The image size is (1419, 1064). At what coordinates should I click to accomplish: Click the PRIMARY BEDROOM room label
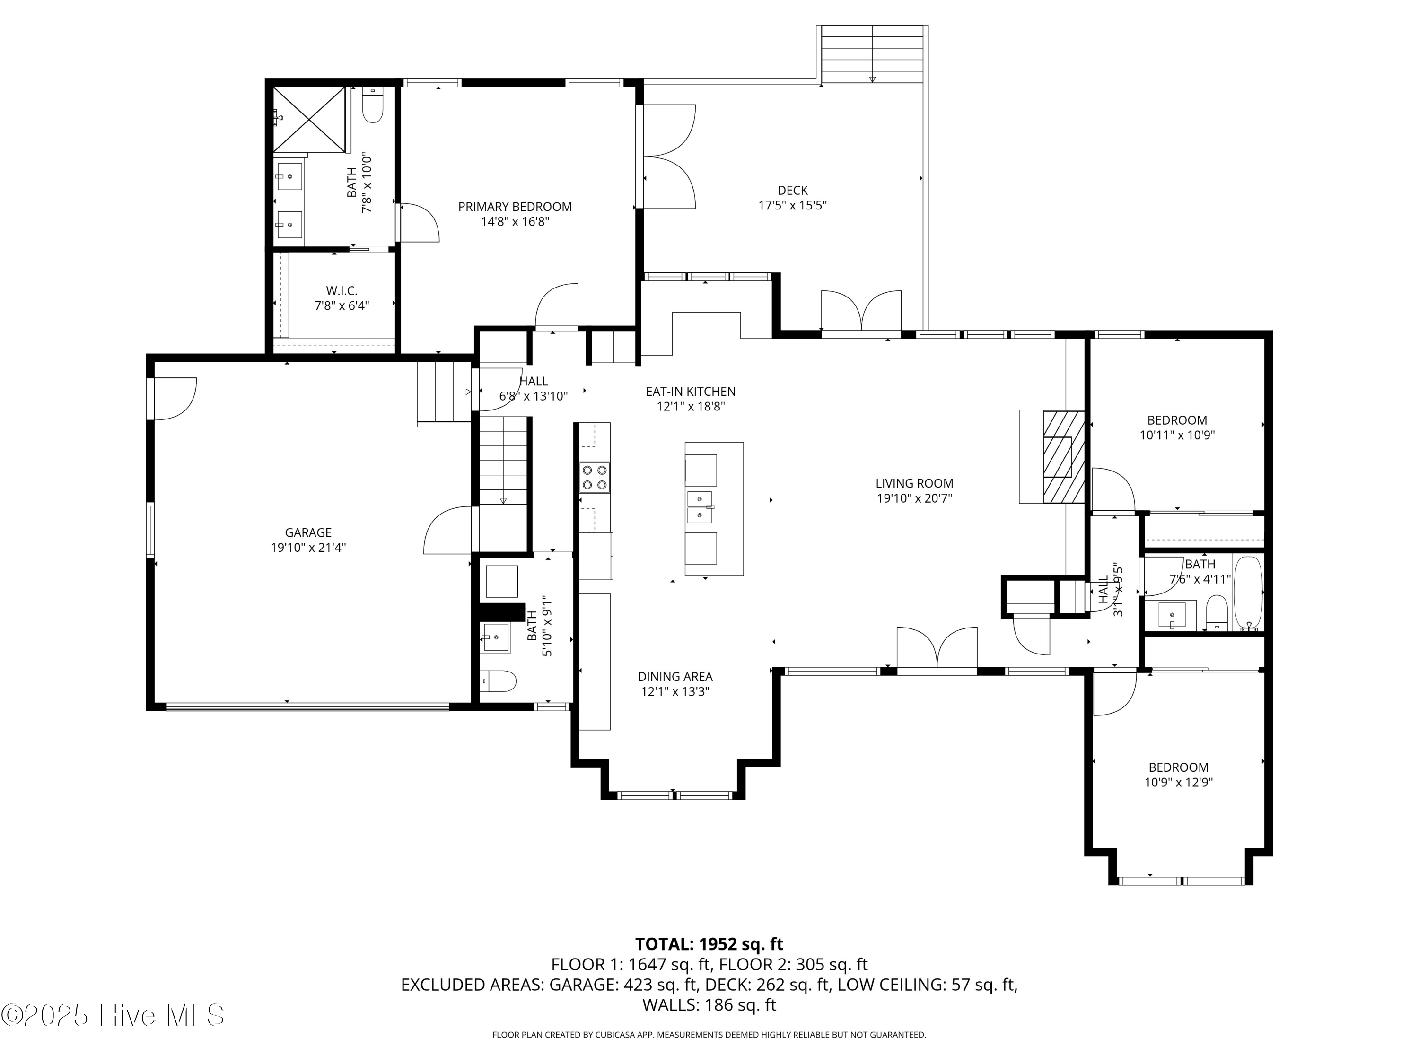[515, 207]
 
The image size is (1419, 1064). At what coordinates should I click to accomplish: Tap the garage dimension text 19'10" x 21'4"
[308, 548]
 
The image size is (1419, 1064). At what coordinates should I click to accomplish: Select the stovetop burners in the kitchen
[595, 478]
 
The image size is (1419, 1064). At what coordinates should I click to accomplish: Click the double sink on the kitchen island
[700, 506]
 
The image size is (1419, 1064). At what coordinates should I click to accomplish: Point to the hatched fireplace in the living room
[1063, 457]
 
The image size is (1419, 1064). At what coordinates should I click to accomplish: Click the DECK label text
[792, 191]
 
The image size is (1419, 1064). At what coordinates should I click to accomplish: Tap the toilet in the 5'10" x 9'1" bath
[499, 681]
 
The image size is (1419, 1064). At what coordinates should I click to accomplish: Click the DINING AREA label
[675, 677]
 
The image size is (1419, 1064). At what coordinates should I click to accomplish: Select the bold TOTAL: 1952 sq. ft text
[709, 944]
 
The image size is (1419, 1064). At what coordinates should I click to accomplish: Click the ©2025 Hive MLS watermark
[113, 1015]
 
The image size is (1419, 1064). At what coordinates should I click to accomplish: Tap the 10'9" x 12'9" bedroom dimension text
[1178, 783]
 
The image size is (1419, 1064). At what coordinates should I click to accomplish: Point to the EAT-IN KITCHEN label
[690, 391]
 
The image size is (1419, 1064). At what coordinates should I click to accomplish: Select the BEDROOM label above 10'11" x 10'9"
[1176, 420]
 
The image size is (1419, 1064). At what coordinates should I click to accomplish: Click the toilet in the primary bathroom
[373, 106]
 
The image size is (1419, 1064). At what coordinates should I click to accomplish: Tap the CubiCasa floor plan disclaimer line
[709, 1035]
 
